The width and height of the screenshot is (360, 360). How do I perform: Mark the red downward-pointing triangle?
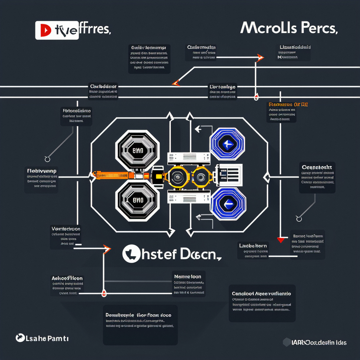tap(280, 240)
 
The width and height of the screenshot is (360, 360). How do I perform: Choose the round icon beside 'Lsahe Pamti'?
tap(20, 338)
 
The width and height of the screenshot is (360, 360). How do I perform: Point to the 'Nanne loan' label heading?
tap(188, 277)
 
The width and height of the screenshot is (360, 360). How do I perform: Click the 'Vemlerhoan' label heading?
tap(66, 229)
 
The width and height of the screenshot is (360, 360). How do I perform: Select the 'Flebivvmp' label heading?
tap(42, 171)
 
